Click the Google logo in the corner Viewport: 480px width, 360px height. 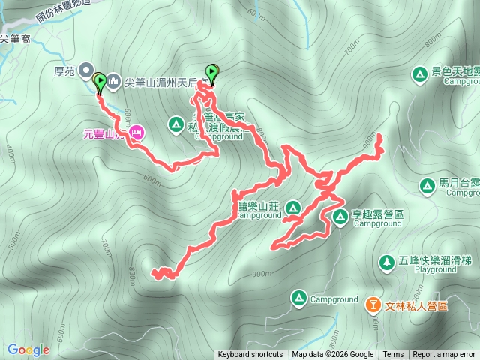[x=28, y=349]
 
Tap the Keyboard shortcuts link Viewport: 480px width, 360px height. [x=250, y=355]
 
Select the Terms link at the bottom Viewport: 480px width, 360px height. [x=393, y=355]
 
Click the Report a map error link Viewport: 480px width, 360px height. [x=445, y=355]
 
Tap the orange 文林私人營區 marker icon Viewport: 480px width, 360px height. [x=373, y=305]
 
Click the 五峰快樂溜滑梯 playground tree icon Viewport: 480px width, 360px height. [x=387, y=262]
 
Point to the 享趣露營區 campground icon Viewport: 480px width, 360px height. [x=340, y=217]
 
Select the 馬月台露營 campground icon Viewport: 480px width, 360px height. [x=427, y=184]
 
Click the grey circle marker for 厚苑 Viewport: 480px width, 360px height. [x=85, y=69]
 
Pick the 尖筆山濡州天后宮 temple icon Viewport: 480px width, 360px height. [x=113, y=79]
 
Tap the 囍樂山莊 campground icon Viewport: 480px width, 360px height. [x=294, y=206]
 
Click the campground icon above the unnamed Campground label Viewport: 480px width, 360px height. [x=298, y=298]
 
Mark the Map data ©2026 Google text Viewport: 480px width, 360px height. [x=332, y=355]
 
